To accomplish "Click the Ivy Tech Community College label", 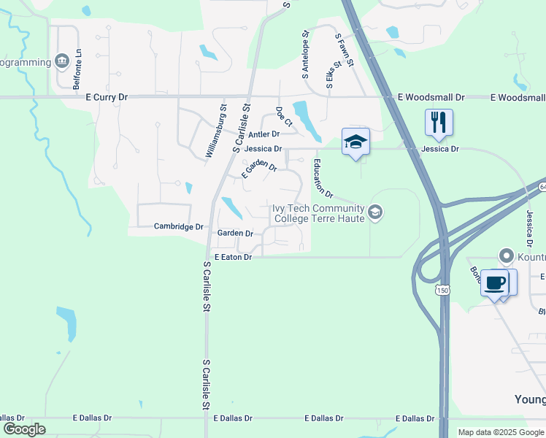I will tap(318, 213).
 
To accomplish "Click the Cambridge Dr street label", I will tap(178, 227).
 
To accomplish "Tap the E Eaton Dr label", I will tap(233, 257).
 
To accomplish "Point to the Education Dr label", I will tap(323, 179).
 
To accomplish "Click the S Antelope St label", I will tap(305, 54).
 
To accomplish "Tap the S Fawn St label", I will tap(345, 50).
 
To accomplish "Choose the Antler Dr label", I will tap(264, 134).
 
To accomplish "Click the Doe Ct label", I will tap(281, 117).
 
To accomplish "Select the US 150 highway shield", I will tap(442, 291).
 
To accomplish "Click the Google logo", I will tap(24, 429).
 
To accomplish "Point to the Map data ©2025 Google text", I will tap(501, 432).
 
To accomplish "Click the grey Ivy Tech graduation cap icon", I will tap(375, 212).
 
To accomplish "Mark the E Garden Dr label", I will tap(259, 167).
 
